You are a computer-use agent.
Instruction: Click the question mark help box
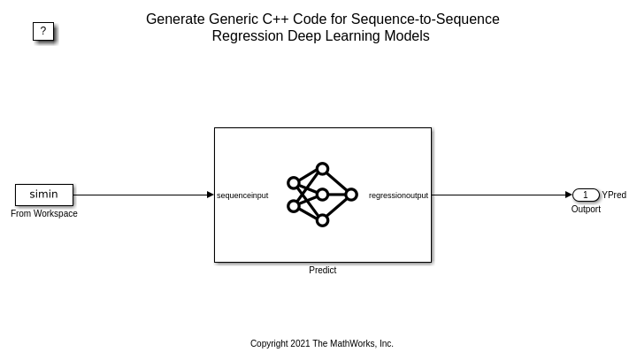(x=43, y=31)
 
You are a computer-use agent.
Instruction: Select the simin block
(x=43, y=195)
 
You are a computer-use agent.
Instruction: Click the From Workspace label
(x=44, y=214)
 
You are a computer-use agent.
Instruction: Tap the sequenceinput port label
(x=242, y=195)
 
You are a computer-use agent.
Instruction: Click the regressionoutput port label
(x=398, y=195)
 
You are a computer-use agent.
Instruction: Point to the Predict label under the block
(x=322, y=271)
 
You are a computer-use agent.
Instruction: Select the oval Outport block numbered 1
(x=585, y=195)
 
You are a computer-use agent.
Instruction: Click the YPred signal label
(x=614, y=195)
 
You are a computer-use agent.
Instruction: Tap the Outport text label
(x=586, y=210)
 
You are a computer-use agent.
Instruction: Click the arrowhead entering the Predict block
(x=211, y=195)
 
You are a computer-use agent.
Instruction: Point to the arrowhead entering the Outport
(x=569, y=195)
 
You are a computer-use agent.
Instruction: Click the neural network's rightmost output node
(x=351, y=195)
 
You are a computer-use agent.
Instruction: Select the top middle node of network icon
(x=322, y=169)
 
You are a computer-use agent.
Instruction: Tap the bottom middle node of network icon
(x=322, y=220)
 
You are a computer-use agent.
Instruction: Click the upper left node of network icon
(x=294, y=183)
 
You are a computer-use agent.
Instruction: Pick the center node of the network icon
(x=322, y=195)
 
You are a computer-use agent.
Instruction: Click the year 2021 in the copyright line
(x=300, y=344)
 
